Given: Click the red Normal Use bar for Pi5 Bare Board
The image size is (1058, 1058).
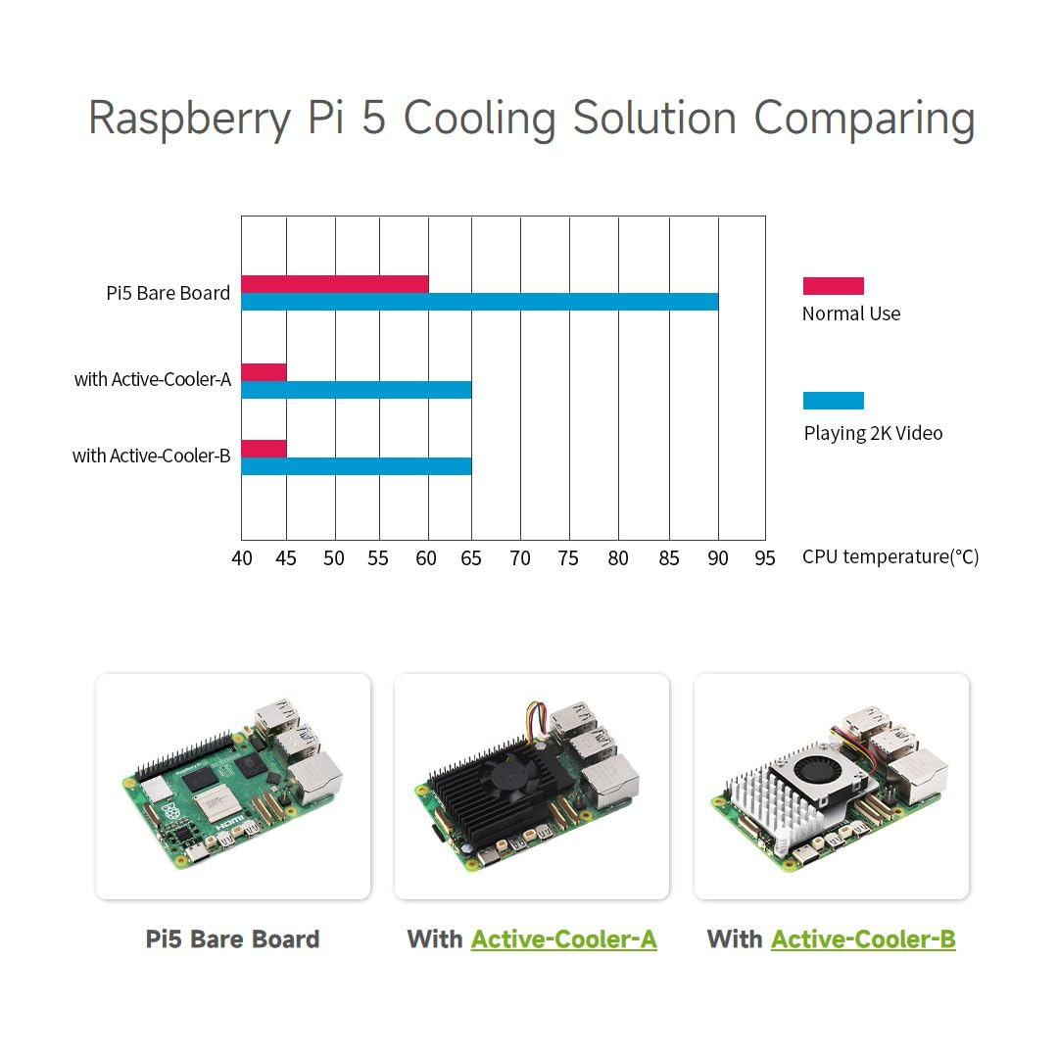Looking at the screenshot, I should (x=335, y=284).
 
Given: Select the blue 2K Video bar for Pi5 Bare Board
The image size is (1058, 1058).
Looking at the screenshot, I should (x=479, y=302).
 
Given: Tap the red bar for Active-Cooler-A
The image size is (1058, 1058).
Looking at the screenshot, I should (x=264, y=372).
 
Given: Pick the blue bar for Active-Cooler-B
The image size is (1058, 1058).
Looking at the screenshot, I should (x=356, y=466).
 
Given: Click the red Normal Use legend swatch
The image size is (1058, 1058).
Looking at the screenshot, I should (x=833, y=286).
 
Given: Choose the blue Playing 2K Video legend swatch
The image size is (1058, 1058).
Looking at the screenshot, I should (x=833, y=401).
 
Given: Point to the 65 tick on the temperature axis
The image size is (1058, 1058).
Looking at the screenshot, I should (x=471, y=558).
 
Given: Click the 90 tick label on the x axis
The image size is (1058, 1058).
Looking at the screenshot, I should (x=718, y=558).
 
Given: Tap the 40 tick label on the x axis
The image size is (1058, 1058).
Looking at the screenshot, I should (x=242, y=558).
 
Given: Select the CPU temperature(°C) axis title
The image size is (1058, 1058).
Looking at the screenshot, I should (x=890, y=556).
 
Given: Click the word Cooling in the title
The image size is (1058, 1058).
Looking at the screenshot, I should (x=479, y=120).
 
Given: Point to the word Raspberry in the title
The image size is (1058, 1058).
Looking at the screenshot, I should (x=189, y=120).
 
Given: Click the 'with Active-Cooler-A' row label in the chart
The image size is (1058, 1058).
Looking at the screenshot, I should (x=153, y=379).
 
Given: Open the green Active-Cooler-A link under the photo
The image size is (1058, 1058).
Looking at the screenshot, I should (x=563, y=939).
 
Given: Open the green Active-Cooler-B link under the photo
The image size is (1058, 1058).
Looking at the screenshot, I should (x=863, y=939).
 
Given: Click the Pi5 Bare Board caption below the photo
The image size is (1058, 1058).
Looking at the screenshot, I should (x=232, y=939).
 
